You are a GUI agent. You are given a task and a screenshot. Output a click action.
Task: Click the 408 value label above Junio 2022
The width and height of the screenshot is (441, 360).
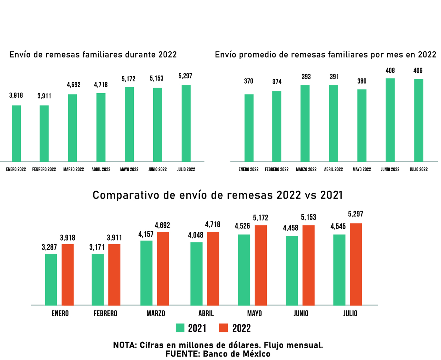[x=390, y=71]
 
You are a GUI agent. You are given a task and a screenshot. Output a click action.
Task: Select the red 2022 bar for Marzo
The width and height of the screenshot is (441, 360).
[x=163, y=268]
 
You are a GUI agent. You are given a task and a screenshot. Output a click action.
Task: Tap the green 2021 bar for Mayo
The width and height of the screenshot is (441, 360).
[x=244, y=270]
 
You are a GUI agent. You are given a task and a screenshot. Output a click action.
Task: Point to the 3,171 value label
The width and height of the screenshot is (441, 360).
[x=97, y=247]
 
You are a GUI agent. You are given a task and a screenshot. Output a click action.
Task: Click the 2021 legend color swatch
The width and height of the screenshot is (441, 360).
[x=180, y=328]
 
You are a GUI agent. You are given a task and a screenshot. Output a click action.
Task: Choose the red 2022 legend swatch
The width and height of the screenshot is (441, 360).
[x=224, y=328]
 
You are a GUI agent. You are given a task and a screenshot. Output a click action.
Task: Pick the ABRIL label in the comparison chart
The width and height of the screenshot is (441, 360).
[x=206, y=314]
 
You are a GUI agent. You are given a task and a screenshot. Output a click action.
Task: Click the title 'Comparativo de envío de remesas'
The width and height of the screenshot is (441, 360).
[x=218, y=195]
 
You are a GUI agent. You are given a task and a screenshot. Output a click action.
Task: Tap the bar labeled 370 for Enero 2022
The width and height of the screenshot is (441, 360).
[x=249, y=128]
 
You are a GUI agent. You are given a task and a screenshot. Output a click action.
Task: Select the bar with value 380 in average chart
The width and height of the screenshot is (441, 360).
[x=362, y=125]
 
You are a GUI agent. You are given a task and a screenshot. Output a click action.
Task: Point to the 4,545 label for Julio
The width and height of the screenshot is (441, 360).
[x=338, y=226]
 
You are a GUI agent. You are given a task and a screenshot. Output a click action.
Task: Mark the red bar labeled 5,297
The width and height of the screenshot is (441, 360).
[x=356, y=264]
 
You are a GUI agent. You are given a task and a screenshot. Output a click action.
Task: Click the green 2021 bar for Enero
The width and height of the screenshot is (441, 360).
[x=51, y=279]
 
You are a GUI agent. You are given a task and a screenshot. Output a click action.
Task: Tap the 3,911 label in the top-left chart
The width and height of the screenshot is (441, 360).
[x=44, y=96]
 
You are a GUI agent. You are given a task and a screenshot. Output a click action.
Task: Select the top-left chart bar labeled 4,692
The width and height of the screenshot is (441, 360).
[x=72, y=128]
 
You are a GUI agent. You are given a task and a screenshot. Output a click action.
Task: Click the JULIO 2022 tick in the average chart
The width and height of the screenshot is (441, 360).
[x=419, y=169]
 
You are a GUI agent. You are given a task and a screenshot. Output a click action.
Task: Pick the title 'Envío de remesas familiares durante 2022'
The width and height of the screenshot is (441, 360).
[x=93, y=55]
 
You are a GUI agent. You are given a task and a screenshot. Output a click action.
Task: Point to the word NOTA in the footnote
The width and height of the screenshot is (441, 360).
[x=125, y=345]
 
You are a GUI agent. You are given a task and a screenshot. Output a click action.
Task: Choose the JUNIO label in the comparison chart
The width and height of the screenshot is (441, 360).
[x=301, y=314]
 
